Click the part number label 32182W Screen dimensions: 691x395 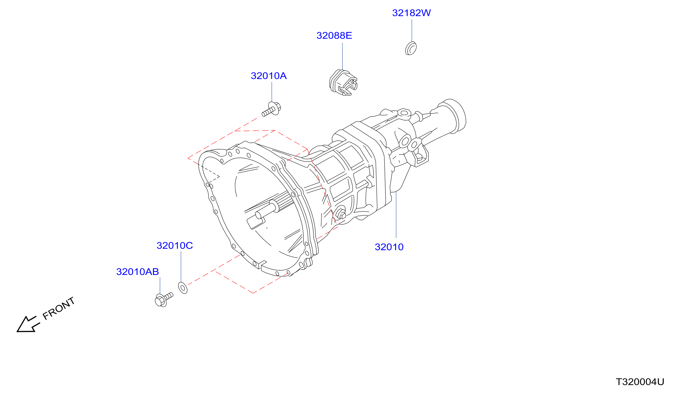(x=411, y=13)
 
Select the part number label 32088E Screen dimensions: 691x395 (x=334, y=36)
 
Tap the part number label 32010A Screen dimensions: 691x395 (x=268, y=76)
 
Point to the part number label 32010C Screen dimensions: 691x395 (x=174, y=245)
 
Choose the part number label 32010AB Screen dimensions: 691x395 (x=138, y=271)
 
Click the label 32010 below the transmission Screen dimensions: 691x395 (x=389, y=247)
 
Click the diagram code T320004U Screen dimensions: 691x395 (x=640, y=382)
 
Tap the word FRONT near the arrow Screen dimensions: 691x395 (x=59, y=308)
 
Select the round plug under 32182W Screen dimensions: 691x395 (x=411, y=48)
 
